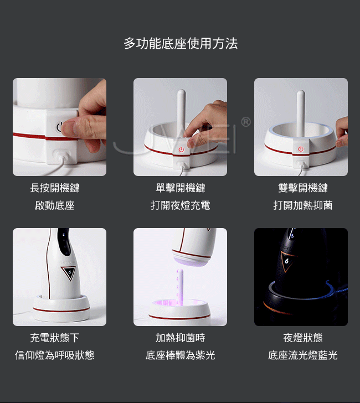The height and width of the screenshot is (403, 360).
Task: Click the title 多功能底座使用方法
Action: click(x=181, y=43)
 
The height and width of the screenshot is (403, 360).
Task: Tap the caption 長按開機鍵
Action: click(x=55, y=188)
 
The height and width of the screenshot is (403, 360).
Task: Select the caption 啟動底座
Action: click(x=55, y=205)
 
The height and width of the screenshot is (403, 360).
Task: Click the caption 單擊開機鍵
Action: click(x=180, y=188)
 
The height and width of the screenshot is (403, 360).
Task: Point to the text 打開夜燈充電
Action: click(x=180, y=205)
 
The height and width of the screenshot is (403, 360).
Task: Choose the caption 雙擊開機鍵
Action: click(x=302, y=188)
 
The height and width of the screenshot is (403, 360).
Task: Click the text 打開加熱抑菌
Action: click(x=302, y=205)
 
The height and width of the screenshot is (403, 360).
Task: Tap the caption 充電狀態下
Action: click(x=55, y=338)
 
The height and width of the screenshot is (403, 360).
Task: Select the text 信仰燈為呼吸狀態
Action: click(x=55, y=355)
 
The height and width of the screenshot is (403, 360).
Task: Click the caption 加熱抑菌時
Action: click(x=180, y=338)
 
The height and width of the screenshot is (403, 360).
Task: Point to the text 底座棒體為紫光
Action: click(x=180, y=355)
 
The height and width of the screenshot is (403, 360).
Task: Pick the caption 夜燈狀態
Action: click(x=302, y=338)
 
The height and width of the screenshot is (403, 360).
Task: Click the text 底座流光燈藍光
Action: click(x=302, y=355)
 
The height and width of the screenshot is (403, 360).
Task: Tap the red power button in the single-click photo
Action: click(x=181, y=149)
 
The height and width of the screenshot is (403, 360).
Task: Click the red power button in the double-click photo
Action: click(x=301, y=149)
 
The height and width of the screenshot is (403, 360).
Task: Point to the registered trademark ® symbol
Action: click(x=246, y=122)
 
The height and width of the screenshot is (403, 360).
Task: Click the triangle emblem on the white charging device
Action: click(x=69, y=273)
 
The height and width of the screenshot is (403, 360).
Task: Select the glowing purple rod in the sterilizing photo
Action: click(x=179, y=287)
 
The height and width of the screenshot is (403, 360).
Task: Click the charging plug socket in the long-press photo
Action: click(x=61, y=156)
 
